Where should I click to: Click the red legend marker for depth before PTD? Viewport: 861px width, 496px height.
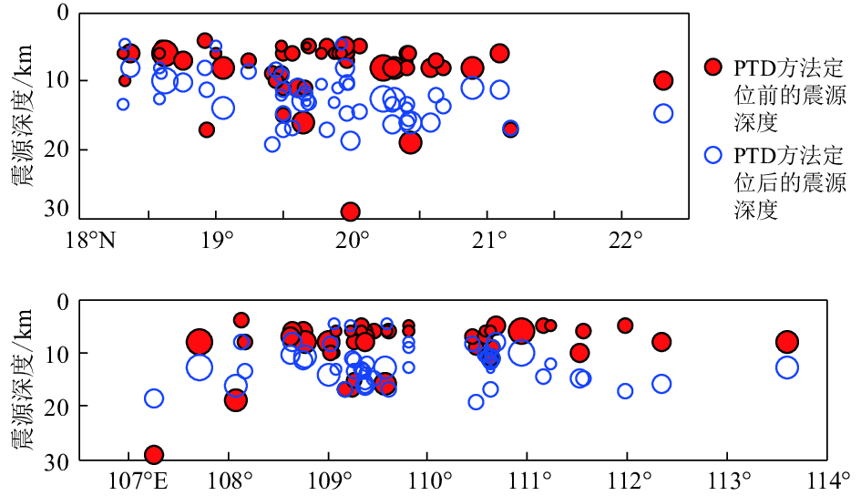(713, 66)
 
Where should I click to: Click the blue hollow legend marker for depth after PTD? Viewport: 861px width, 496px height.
(713, 154)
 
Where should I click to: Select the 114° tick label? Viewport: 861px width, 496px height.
(831, 480)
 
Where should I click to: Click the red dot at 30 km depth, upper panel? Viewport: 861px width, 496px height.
(350, 212)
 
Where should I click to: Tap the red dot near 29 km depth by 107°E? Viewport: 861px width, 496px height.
(154, 454)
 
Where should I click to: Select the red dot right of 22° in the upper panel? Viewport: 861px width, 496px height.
(663, 80)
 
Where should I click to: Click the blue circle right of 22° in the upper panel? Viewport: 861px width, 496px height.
(663, 113)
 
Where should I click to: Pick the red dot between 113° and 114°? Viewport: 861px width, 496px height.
(787, 342)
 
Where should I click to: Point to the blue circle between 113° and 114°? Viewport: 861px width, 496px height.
(787, 367)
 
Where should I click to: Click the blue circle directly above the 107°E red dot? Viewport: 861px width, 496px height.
(154, 398)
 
